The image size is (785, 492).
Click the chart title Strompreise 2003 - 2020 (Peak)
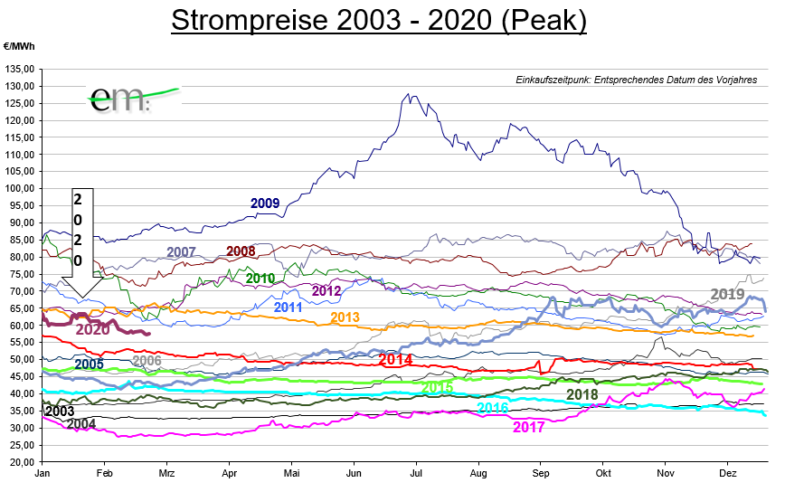pyautogui.click(x=379, y=21)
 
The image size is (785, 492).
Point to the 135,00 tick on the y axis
pyautogui.click(x=20, y=69)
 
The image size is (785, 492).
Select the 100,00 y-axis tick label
pyautogui.click(x=20, y=188)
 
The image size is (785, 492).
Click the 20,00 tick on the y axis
pyautogui.click(x=22, y=461)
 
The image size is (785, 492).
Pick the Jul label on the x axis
pyautogui.click(x=417, y=473)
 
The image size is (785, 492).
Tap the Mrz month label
pyautogui.click(x=166, y=473)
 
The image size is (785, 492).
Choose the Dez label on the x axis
pyautogui.click(x=729, y=473)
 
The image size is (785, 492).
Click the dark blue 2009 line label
pyautogui.click(x=265, y=203)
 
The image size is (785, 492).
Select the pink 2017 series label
pyautogui.click(x=529, y=427)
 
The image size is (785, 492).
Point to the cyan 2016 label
pyautogui.click(x=492, y=408)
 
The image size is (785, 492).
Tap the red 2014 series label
pyautogui.click(x=395, y=360)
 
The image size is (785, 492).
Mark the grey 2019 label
pyautogui.click(x=728, y=294)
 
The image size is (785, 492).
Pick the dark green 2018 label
pyautogui.click(x=582, y=394)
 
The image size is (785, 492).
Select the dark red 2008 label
pyautogui.click(x=241, y=251)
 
